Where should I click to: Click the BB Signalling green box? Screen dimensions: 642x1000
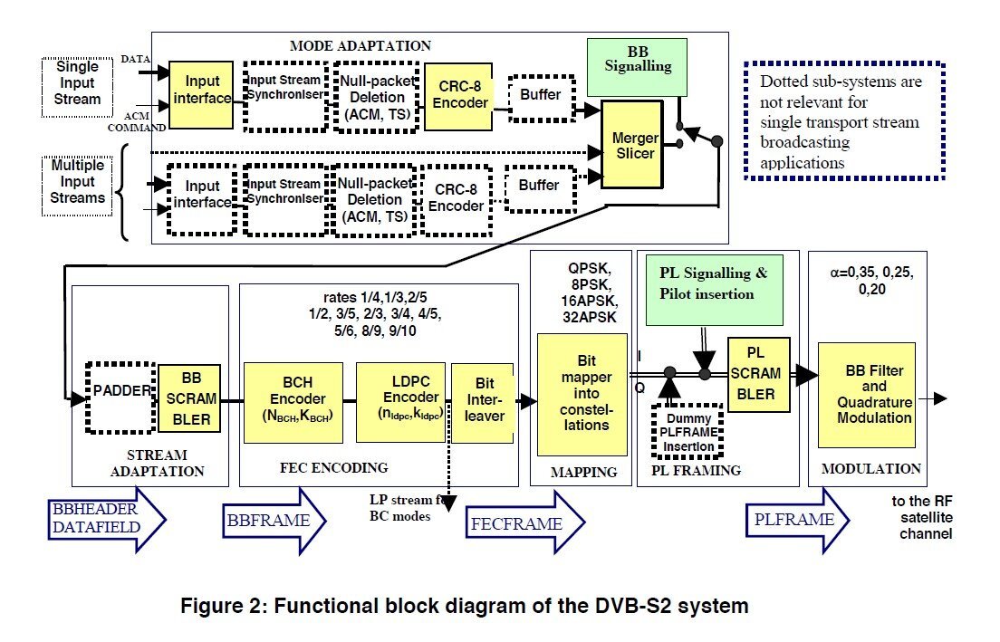point(632,67)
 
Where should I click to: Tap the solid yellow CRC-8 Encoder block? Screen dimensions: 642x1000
point(457,96)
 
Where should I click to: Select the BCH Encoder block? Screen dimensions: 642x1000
point(293,402)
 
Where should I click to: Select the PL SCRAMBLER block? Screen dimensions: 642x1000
point(757,373)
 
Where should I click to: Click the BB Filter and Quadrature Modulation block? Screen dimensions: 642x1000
point(866,395)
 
